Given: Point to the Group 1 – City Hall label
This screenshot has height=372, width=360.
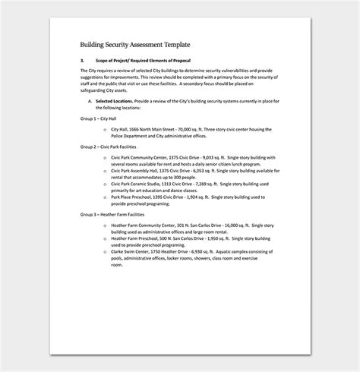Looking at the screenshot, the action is [100, 118].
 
